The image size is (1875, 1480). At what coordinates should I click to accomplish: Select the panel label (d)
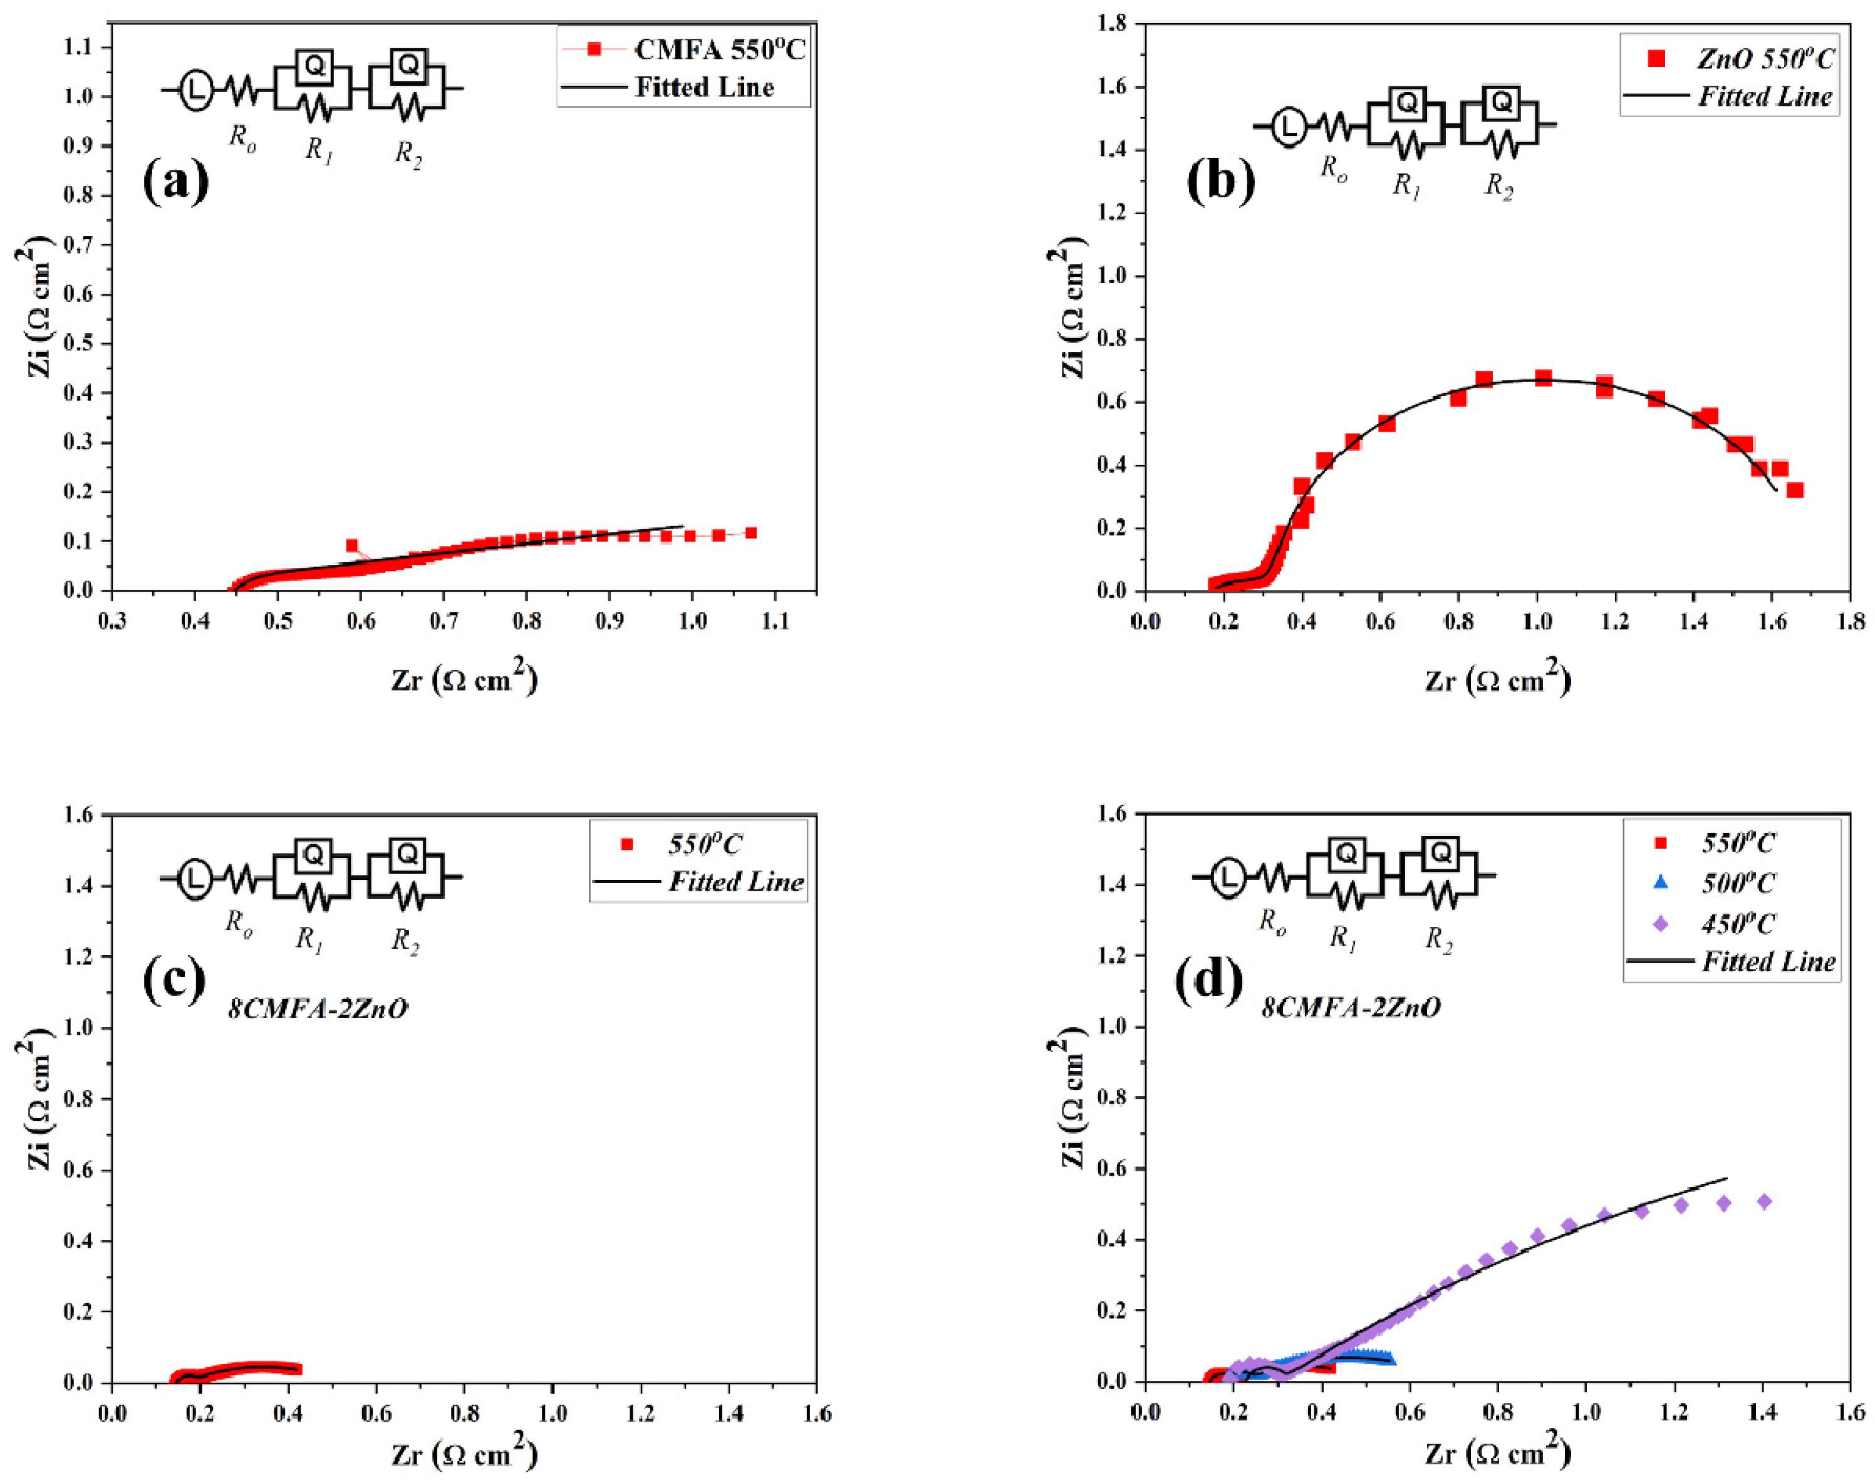1208,978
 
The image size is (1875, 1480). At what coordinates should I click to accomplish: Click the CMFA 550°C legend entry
683,49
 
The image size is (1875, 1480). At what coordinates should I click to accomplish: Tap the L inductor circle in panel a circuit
197,89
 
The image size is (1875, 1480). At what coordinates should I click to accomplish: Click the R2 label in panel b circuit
1499,185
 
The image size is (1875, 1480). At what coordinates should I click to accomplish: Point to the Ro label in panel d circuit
1272,922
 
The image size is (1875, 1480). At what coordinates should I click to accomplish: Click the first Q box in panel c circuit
313,856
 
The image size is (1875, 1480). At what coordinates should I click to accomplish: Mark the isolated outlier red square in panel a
352,545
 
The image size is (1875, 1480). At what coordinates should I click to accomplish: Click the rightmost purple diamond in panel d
1764,1201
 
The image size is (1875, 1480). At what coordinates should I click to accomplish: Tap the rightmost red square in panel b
1795,490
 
